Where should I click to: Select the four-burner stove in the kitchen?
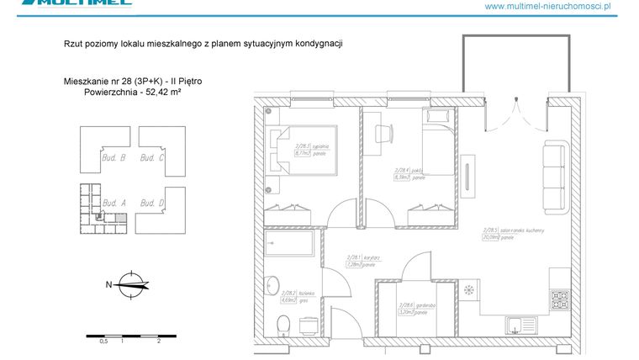[561, 299]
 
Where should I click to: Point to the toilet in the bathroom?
[283, 324]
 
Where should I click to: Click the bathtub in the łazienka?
[288, 245]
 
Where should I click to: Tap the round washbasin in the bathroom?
[272, 283]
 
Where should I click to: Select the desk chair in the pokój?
[383, 134]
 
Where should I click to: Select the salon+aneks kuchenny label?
[502, 233]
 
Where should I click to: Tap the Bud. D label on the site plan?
[151, 203]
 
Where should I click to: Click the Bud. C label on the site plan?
[151, 157]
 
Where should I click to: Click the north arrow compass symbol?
[131, 284]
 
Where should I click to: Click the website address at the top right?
[547, 6]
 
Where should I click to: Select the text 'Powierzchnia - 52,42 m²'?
[133, 93]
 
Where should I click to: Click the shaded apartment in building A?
[121, 218]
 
